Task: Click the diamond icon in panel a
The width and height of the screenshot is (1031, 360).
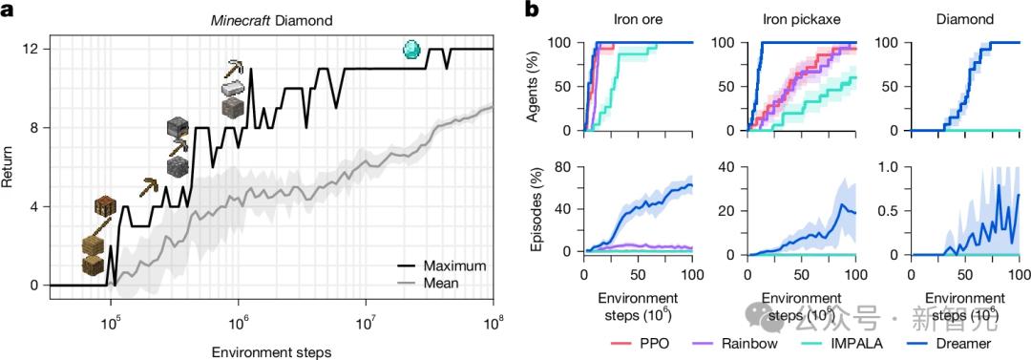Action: [411, 49]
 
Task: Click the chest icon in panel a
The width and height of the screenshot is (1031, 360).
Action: [105, 207]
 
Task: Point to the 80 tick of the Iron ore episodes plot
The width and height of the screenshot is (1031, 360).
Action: [562, 168]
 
